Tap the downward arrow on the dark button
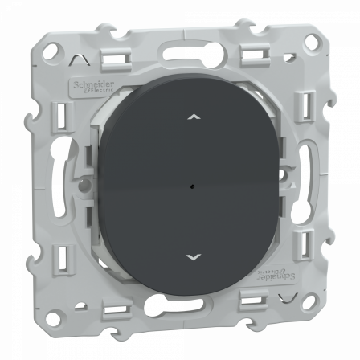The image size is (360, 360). [191, 257]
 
